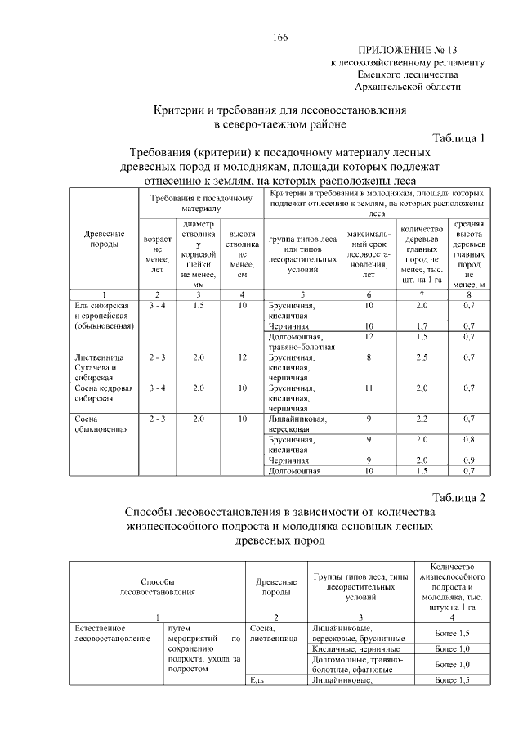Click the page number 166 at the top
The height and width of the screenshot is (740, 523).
point(279,38)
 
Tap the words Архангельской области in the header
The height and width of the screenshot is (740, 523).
point(409,86)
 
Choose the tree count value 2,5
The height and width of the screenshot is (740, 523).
point(422,357)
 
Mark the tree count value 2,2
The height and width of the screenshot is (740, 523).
point(422,419)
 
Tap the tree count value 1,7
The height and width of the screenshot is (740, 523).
point(422,326)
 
